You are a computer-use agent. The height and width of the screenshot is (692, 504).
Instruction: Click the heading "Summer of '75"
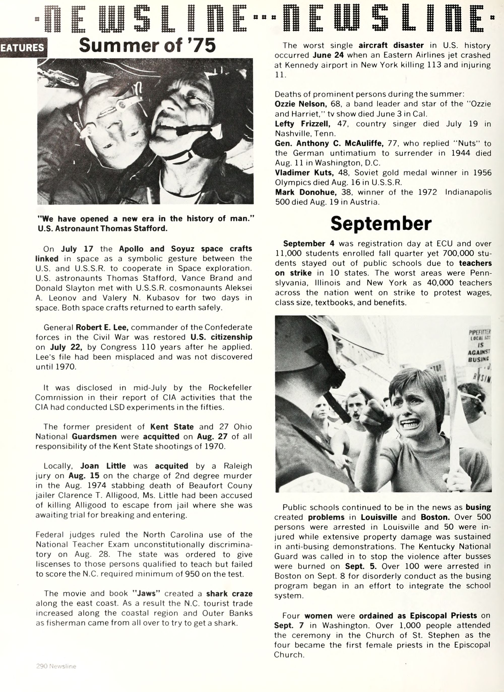pyautogui.click(x=147, y=46)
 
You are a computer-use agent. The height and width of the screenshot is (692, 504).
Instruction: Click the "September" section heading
pyautogui.click(x=381, y=224)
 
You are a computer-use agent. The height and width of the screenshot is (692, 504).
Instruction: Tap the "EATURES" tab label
pyautogui.click(x=22, y=48)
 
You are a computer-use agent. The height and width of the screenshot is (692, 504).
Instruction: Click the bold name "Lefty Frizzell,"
pyautogui.click(x=302, y=124)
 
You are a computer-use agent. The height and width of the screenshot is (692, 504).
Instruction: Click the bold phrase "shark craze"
pyautogui.click(x=229, y=594)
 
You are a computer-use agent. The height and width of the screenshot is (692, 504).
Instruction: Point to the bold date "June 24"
pyautogui.click(x=328, y=55)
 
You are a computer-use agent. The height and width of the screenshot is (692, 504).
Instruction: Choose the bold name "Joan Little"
pyautogui.click(x=103, y=466)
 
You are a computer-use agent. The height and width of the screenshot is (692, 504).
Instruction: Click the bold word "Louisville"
pyautogui.click(x=379, y=517)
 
